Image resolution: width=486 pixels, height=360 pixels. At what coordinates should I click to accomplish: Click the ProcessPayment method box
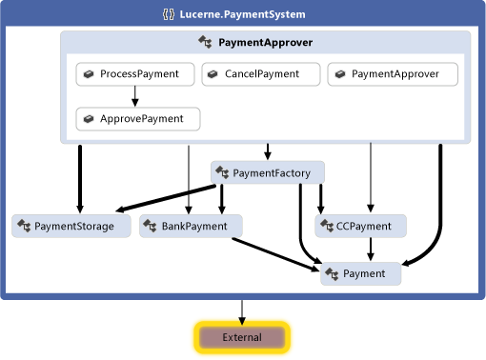coord(135,74)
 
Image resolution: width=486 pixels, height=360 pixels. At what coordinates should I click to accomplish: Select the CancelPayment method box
coord(260,74)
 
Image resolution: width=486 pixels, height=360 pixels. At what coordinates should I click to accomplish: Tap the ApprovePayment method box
coord(137,119)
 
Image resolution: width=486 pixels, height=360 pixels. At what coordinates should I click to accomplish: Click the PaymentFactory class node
coord(267,172)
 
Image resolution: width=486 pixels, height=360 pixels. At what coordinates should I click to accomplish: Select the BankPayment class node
coord(191,227)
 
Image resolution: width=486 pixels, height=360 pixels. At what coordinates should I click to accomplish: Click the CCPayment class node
coord(361,227)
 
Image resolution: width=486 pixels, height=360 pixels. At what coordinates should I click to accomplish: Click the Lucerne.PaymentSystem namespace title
coord(252,14)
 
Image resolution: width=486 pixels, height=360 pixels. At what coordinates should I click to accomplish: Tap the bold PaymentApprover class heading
coord(265,43)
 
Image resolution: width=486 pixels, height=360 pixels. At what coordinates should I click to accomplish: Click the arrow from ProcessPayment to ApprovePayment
coord(135,96)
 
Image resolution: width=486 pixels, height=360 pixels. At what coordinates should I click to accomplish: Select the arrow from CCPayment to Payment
coord(370,250)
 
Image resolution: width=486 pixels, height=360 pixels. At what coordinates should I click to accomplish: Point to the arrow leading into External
coord(242,311)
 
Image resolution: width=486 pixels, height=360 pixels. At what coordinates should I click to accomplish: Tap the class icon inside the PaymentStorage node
coord(24,227)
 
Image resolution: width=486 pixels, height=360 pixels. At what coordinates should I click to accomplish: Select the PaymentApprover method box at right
coord(393,74)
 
